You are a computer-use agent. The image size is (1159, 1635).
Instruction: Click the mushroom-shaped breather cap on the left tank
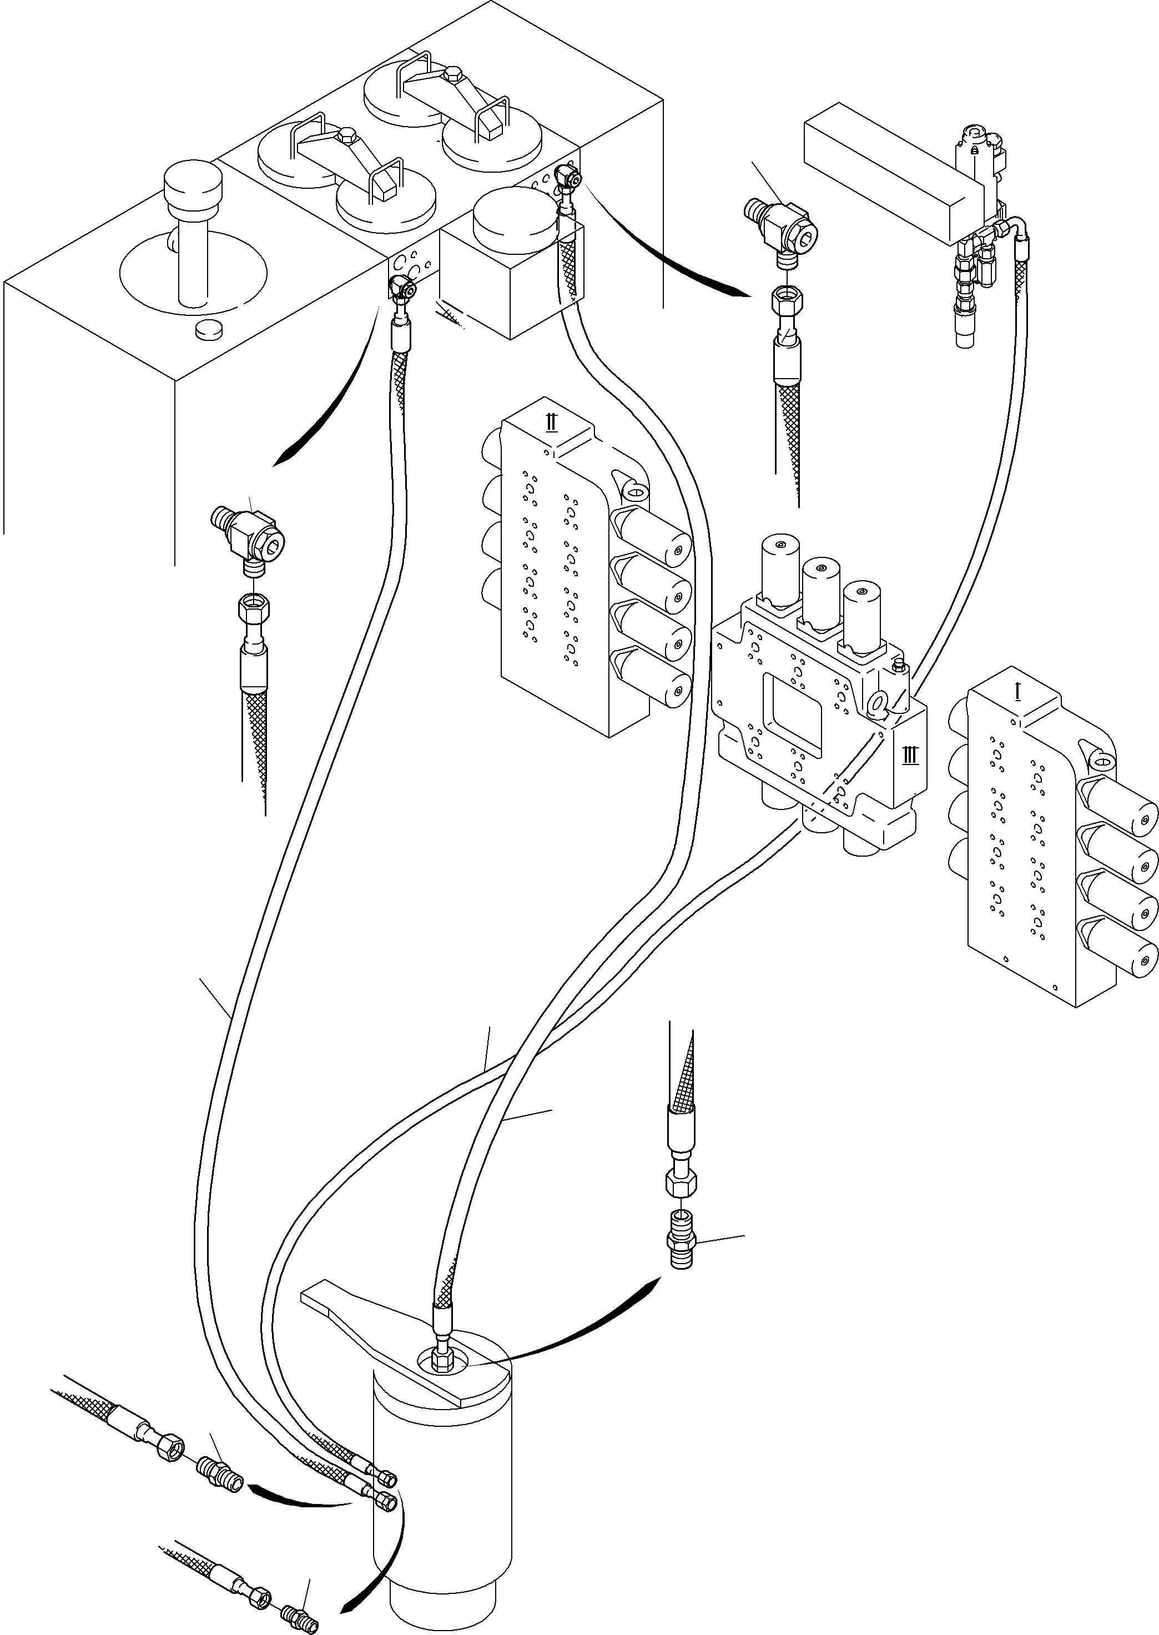[x=192, y=184]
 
